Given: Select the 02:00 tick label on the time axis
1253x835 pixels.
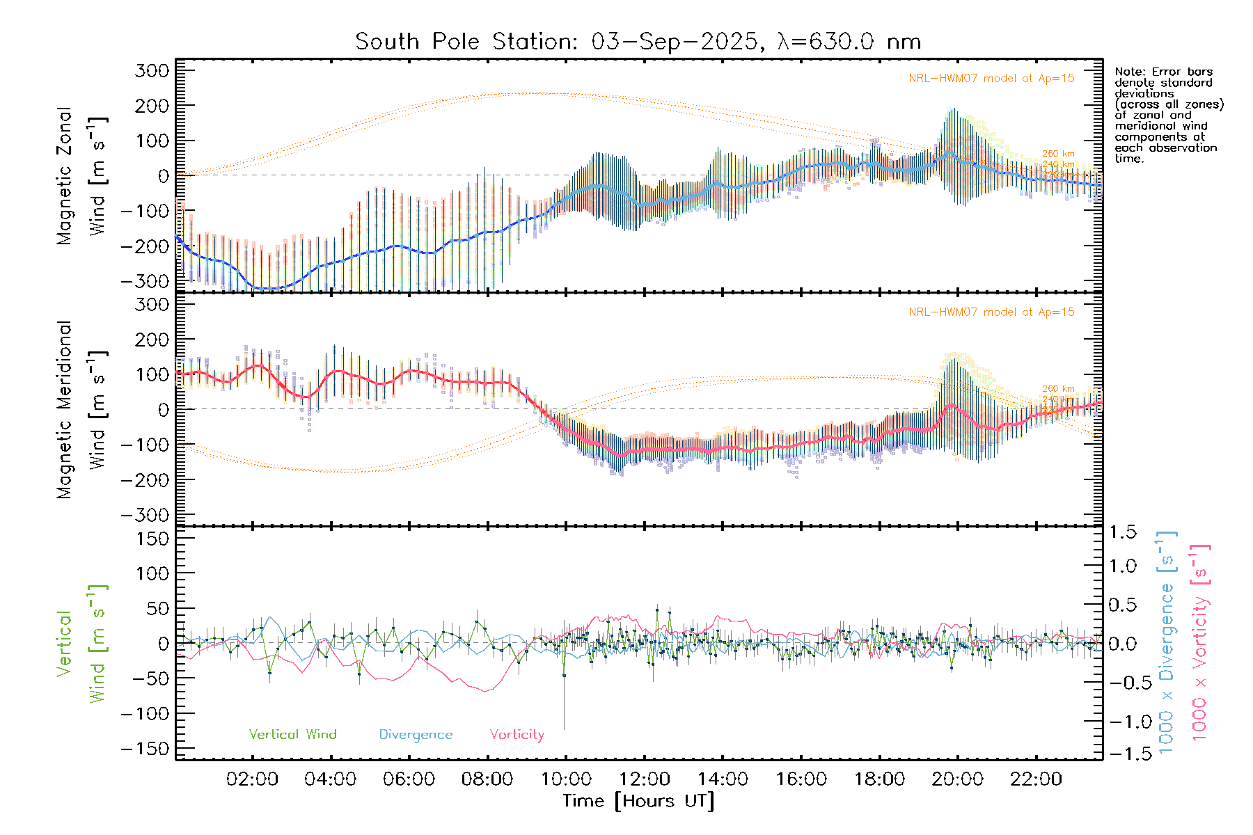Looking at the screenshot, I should pyautogui.click(x=252, y=779).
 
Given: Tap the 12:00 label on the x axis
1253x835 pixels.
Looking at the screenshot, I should pyautogui.click(x=645, y=779).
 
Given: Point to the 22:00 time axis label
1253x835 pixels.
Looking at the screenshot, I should pyautogui.click(x=1036, y=779).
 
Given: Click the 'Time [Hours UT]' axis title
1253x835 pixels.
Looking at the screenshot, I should pyautogui.click(x=638, y=801).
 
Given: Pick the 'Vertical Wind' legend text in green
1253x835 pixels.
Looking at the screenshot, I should pyautogui.click(x=292, y=735).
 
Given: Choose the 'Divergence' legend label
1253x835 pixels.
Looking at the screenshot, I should pyautogui.click(x=416, y=735).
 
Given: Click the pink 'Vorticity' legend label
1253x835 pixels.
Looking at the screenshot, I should pyautogui.click(x=517, y=735).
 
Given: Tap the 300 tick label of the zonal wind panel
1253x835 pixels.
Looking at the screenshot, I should pyautogui.click(x=152, y=70).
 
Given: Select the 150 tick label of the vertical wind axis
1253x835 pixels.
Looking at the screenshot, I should pyautogui.click(x=152, y=539).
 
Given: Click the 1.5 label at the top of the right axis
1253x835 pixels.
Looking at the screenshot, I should pyautogui.click(x=1122, y=532).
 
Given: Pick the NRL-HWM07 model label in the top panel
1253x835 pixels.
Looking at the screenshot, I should pyautogui.click(x=991, y=79).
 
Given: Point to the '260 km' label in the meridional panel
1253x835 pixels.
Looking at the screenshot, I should pyautogui.click(x=1058, y=389).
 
